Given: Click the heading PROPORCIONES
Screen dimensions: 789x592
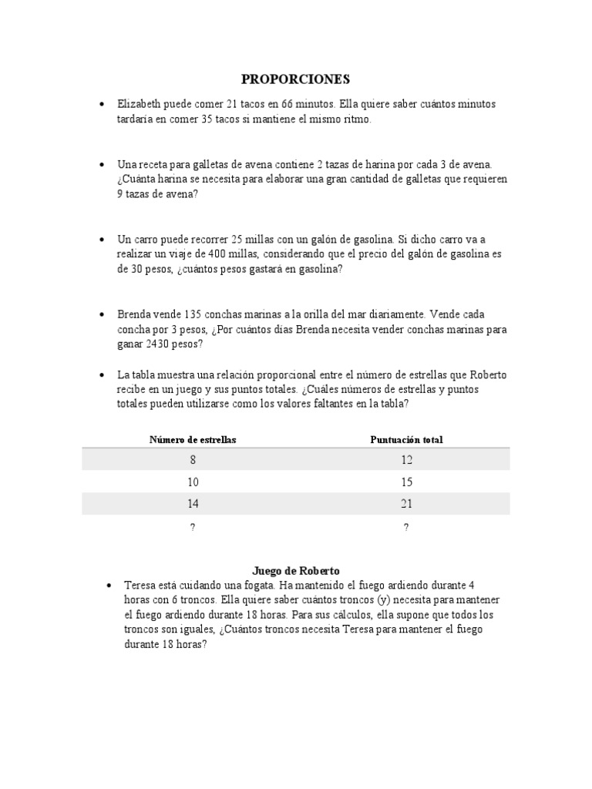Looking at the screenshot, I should click(x=296, y=79).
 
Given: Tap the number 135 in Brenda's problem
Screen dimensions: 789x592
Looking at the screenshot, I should click(x=193, y=314).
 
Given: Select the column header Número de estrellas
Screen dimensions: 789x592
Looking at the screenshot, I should click(x=193, y=439).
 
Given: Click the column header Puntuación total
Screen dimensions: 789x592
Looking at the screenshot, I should click(x=406, y=439).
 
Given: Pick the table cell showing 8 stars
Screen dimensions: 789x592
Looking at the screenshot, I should click(x=193, y=460).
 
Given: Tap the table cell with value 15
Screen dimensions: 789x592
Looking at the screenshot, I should click(x=406, y=482).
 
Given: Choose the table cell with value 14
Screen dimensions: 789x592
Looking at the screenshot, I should click(x=193, y=504).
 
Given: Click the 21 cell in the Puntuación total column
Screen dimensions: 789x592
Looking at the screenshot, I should click(x=406, y=504).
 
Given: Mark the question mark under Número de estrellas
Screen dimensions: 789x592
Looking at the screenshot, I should click(x=193, y=527).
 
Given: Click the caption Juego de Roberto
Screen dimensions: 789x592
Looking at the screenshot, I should click(x=296, y=571).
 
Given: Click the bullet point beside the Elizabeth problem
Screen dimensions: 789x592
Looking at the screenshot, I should click(x=102, y=104).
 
